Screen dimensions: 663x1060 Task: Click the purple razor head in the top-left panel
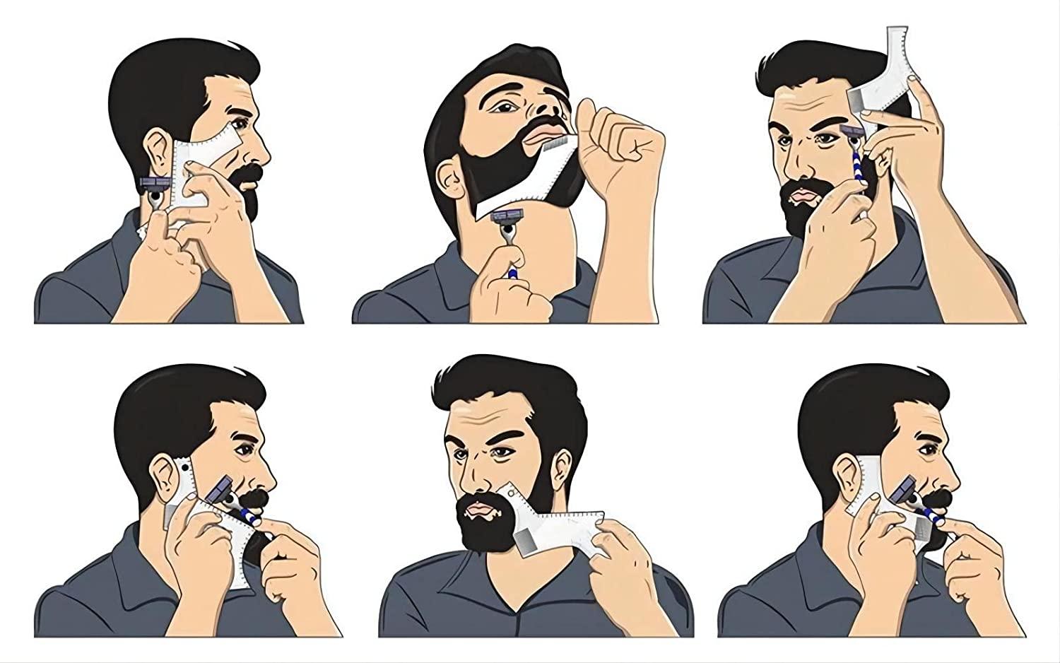click(155, 183)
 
